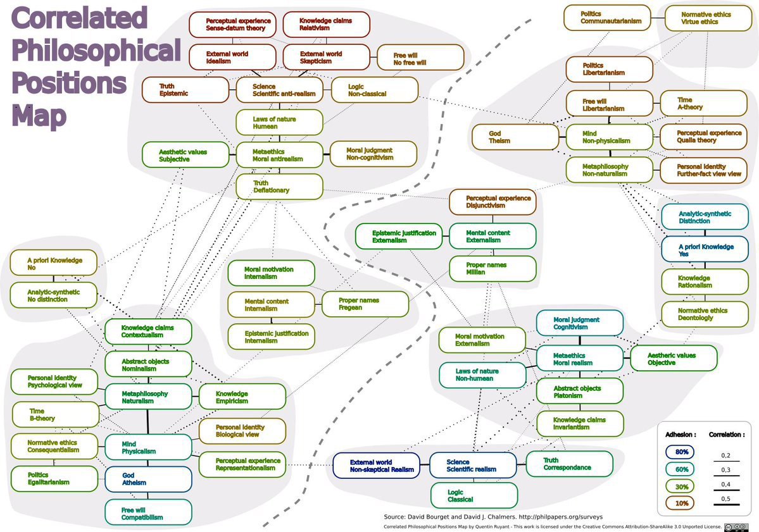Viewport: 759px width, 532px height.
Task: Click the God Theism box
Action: click(x=515, y=137)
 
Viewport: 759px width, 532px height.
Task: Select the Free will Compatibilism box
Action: click(x=149, y=512)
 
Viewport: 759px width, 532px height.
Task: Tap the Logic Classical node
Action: click(x=474, y=496)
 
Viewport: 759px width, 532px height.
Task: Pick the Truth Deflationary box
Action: click(x=279, y=187)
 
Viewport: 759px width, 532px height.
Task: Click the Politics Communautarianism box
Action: click(x=608, y=18)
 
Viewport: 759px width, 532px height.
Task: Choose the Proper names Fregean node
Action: click(x=365, y=304)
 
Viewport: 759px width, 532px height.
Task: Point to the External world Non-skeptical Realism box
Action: click(x=377, y=466)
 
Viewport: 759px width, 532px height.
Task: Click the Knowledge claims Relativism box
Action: click(x=326, y=25)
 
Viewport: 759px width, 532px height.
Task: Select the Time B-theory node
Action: click(x=55, y=414)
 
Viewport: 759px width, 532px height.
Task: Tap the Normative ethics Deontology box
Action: click(x=705, y=314)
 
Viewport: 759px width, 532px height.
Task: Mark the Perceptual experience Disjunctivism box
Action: click(x=492, y=202)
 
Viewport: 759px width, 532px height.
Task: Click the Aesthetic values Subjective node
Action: click(x=185, y=155)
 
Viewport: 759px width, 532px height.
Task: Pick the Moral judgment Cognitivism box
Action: click(x=580, y=323)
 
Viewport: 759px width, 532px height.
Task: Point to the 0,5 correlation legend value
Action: click(x=725, y=498)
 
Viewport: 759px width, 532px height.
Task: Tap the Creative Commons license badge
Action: click(x=737, y=527)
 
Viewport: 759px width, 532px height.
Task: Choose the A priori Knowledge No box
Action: click(x=53, y=263)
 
